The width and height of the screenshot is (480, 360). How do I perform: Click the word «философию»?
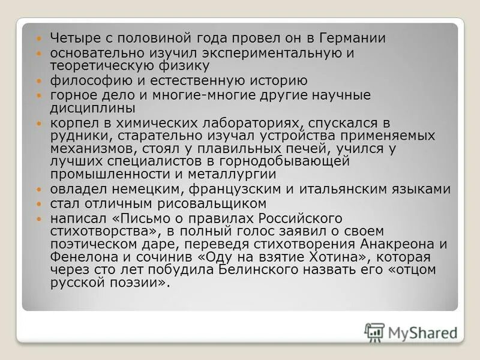[x=81, y=81]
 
